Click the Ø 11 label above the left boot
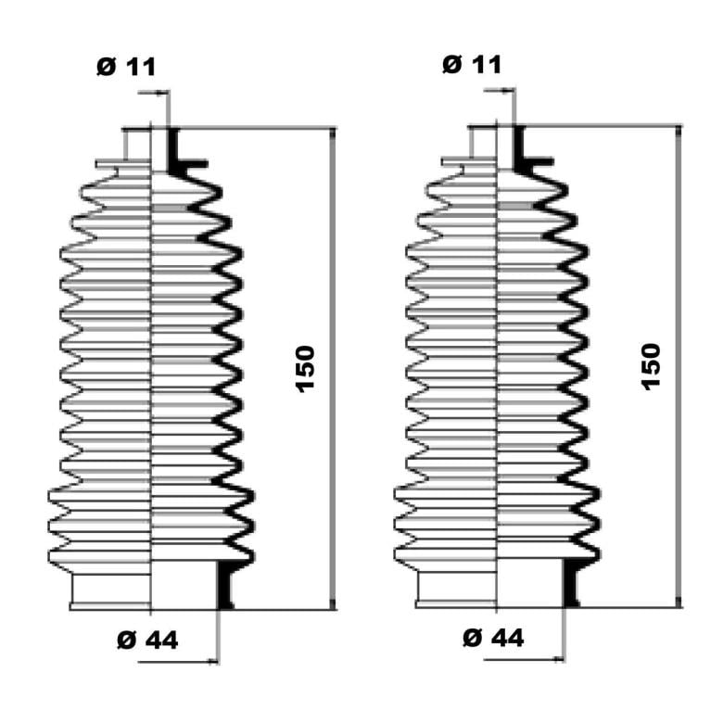click(x=126, y=67)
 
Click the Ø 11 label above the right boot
click(x=472, y=64)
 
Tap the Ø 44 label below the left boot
click(x=147, y=641)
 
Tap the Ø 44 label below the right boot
click(x=493, y=638)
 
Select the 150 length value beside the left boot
click(x=305, y=369)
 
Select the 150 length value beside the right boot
click(x=651, y=366)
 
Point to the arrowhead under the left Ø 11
click(x=161, y=93)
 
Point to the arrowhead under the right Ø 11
click(x=507, y=91)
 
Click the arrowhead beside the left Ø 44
click(x=212, y=662)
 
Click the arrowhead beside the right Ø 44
click(x=558, y=659)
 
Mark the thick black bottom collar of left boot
click(x=225, y=585)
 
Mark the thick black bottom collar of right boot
click(x=571, y=583)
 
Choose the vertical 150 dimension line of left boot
click(x=333, y=369)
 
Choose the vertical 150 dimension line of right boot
click(x=679, y=366)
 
